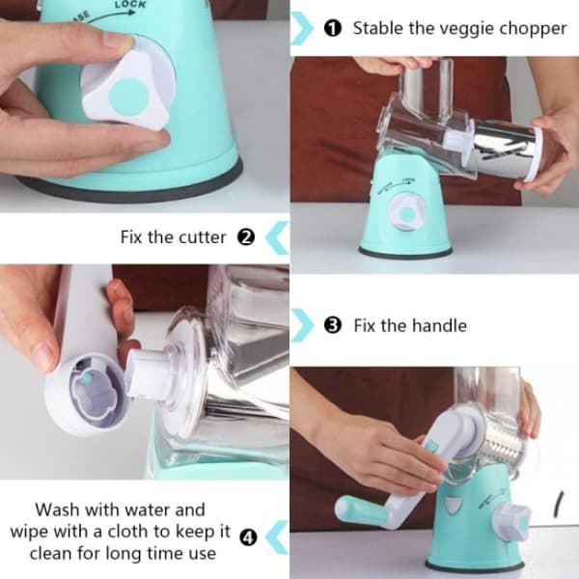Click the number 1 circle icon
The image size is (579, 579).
point(332,28)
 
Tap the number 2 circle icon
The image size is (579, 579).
point(246,237)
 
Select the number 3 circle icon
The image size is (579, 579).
point(333,325)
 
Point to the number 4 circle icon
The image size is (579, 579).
point(248,538)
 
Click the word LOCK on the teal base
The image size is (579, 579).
point(130,5)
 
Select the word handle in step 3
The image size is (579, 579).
point(439,326)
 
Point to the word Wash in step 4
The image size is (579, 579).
point(57,510)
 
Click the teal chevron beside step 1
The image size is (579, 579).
point(302,28)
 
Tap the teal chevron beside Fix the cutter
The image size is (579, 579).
point(277,237)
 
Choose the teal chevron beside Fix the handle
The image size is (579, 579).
point(303,325)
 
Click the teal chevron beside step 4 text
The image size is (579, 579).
point(277,538)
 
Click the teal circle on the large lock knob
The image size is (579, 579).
point(129,97)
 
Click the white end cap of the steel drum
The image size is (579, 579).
point(532,154)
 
